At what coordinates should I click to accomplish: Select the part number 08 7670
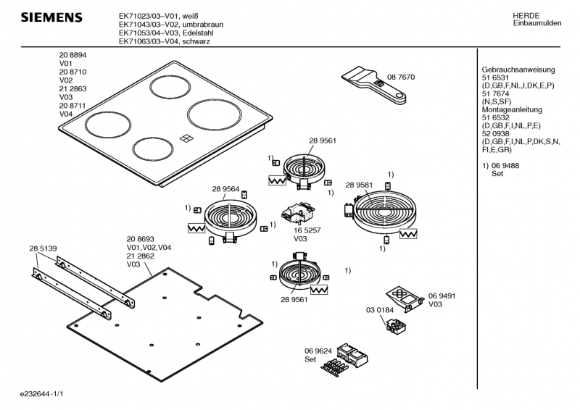point(401,77)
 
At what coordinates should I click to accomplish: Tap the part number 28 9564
point(225,189)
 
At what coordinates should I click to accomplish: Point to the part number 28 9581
point(359,185)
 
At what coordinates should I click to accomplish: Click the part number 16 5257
point(307,230)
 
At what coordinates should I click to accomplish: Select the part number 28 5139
point(43,248)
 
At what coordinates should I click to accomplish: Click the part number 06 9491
point(442,296)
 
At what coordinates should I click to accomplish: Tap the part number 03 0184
point(379,310)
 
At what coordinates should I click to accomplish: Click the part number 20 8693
point(140,240)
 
